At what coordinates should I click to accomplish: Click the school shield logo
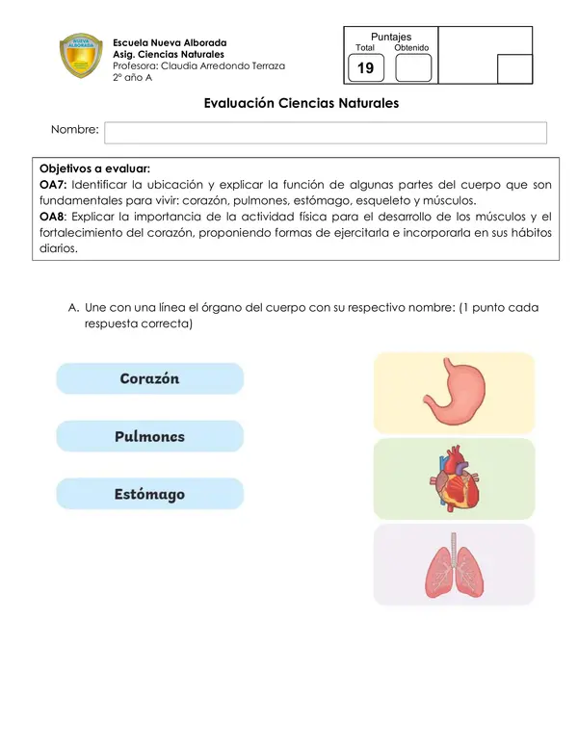(82, 58)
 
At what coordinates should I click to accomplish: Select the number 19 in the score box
(366, 68)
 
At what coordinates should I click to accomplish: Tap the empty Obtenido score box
(413, 68)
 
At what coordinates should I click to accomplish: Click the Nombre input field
(325, 132)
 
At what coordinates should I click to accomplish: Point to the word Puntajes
(391, 37)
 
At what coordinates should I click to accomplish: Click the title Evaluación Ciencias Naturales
(302, 102)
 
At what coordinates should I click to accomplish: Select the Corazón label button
(149, 378)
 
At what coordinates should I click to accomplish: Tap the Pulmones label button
(149, 436)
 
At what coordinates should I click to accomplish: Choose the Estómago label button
(149, 494)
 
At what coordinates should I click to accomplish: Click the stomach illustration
(453, 392)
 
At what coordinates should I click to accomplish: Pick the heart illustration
(453, 478)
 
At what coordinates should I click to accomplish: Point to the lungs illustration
(453, 565)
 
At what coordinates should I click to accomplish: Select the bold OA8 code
(53, 216)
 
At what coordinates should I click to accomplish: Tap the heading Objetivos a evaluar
(94, 168)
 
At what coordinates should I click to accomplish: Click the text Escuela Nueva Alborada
(170, 43)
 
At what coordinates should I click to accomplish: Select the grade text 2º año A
(132, 78)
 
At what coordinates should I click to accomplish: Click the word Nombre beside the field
(75, 129)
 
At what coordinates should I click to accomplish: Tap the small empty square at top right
(514, 69)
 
